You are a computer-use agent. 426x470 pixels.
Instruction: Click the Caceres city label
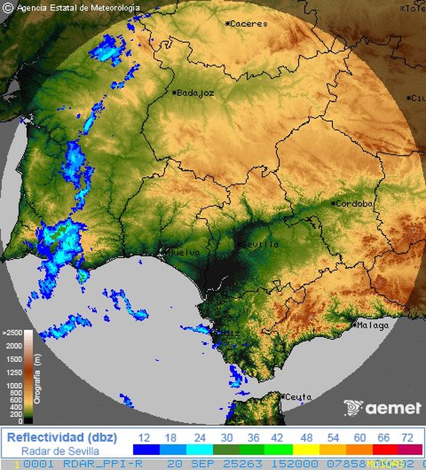tap(249, 24)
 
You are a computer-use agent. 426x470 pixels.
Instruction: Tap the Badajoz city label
tap(195, 93)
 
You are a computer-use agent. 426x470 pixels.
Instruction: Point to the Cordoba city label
tap(354, 204)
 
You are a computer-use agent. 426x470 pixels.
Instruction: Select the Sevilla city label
tap(260, 244)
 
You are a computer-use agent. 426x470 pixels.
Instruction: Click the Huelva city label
tap(184, 252)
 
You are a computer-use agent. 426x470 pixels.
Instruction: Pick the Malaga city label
tap(373, 325)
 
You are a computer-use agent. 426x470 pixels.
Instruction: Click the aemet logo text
tap(393, 408)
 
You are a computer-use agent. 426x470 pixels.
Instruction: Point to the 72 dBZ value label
tap(407, 438)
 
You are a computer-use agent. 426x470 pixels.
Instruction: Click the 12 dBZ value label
tap(144, 438)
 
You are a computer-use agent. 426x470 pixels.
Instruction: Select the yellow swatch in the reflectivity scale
tap(306, 450)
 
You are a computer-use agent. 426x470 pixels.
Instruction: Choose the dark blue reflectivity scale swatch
tap(146, 450)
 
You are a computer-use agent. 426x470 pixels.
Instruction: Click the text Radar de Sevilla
tap(60, 451)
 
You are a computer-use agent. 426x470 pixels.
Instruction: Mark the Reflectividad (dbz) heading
tap(62, 438)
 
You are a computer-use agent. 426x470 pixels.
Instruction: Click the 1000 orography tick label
tap(14, 385)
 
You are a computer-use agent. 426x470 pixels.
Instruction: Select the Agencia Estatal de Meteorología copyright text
tap(78, 8)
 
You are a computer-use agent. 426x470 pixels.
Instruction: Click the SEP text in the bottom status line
tap(203, 464)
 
